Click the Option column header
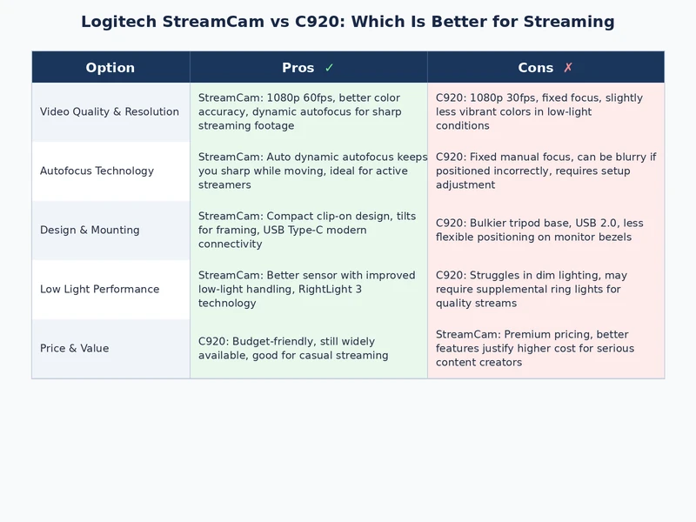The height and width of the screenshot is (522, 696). (x=110, y=68)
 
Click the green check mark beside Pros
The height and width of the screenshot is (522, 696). (x=329, y=68)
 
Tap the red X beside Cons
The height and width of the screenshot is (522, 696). (x=568, y=68)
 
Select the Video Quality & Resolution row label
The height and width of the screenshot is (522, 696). (x=110, y=112)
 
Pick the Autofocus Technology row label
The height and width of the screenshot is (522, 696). (x=97, y=171)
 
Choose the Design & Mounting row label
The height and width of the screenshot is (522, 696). (x=90, y=231)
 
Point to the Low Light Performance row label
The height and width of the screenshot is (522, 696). (x=99, y=290)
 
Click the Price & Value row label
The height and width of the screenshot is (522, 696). (x=75, y=349)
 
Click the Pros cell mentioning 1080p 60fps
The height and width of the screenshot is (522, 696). (x=308, y=112)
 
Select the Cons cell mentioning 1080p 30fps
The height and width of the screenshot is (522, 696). (x=545, y=112)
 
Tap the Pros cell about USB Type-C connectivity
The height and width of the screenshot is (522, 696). (x=308, y=231)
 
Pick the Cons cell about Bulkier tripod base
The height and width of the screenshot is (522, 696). (x=545, y=231)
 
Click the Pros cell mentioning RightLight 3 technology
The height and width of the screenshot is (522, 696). (x=308, y=290)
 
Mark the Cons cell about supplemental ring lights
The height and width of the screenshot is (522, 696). (x=545, y=290)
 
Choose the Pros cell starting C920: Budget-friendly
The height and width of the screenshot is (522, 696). (x=308, y=349)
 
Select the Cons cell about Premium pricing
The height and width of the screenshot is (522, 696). (x=545, y=349)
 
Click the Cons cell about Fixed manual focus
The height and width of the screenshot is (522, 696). (x=545, y=171)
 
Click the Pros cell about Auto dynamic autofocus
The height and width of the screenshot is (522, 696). (x=308, y=171)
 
